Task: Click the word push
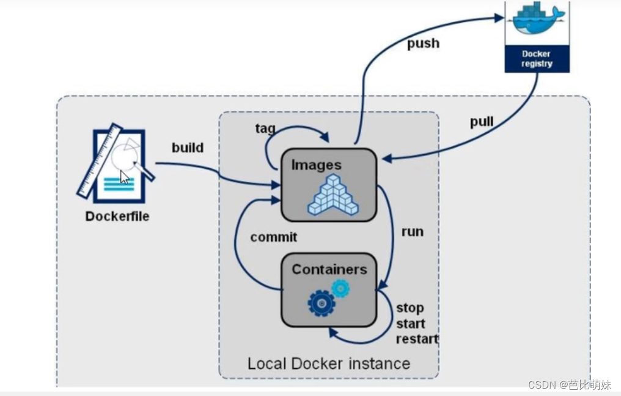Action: click(x=423, y=44)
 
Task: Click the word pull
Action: click(x=482, y=122)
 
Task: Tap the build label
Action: click(x=188, y=148)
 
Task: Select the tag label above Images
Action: click(x=265, y=129)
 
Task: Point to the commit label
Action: click(x=274, y=237)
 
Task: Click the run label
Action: click(x=412, y=232)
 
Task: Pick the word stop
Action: click(x=410, y=308)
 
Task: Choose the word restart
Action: click(x=417, y=339)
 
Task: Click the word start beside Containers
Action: click(x=410, y=324)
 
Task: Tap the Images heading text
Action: click(x=316, y=165)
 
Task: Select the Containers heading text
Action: click(x=329, y=269)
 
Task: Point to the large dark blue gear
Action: click(x=322, y=303)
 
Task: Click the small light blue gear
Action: click(x=340, y=287)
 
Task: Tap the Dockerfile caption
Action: click(x=117, y=216)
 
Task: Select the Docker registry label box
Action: click(x=537, y=59)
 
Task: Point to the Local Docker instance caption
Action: click(x=328, y=364)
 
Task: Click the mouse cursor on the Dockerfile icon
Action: click(x=124, y=177)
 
